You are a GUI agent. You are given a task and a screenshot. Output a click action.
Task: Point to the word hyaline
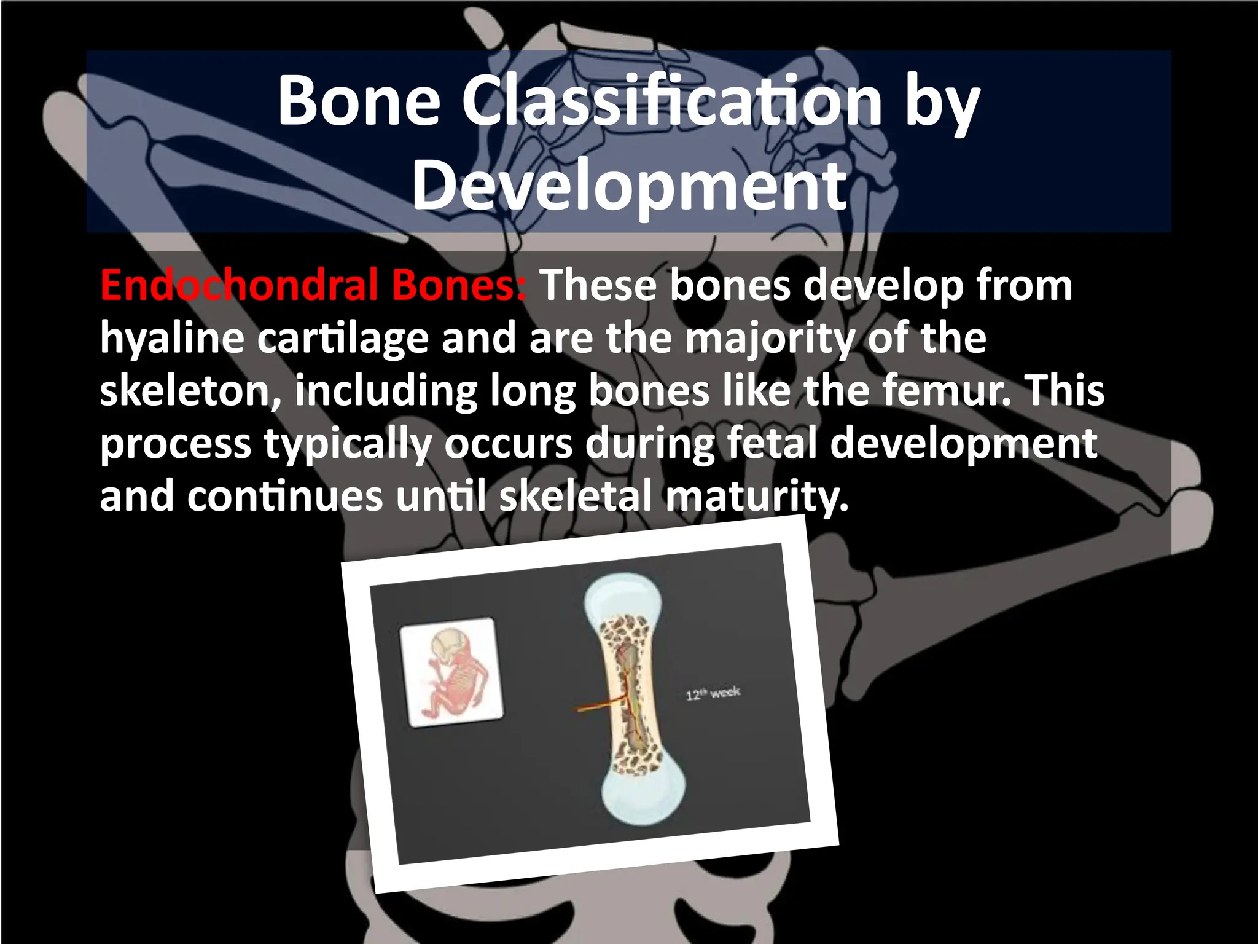pyautogui.click(x=172, y=339)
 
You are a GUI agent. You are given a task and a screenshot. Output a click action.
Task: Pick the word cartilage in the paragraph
pyautogui.click(x=342, y=339)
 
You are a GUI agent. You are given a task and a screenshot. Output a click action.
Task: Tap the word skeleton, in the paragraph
pyautogui.click(x=190, y=391)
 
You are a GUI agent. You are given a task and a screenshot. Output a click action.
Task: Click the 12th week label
pyautogui.click(x=713, y=694)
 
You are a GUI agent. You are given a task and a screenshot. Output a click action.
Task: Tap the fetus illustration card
pyautogui.click(x=451, y=673)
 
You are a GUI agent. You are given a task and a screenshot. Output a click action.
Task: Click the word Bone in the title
pyautogui.click(x=359, y=101)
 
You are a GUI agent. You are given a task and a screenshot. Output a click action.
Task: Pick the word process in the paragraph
pyautogui.click(x=176, y=444)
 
